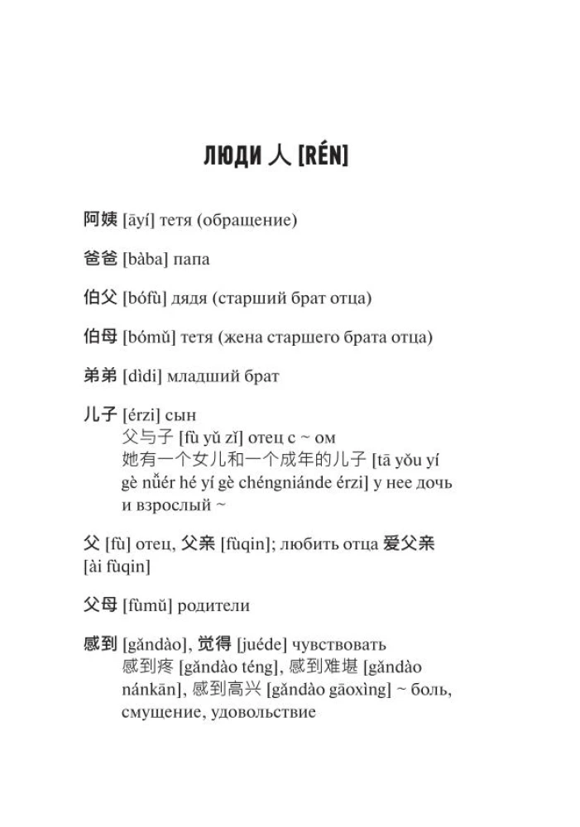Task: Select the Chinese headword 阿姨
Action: (x=100, y=220)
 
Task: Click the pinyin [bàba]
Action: (x=145, y=260)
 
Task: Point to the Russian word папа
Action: (x=191, y=260)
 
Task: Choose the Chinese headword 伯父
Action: (x=100, y=299)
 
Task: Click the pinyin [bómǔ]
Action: (x=147, y=337)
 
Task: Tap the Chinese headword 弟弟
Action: (x=100, y=376)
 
